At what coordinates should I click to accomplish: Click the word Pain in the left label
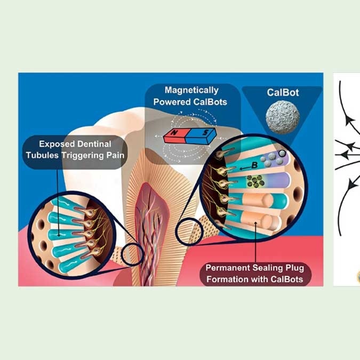108,155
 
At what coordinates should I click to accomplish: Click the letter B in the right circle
254,165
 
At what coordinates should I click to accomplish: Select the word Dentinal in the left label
90,145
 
